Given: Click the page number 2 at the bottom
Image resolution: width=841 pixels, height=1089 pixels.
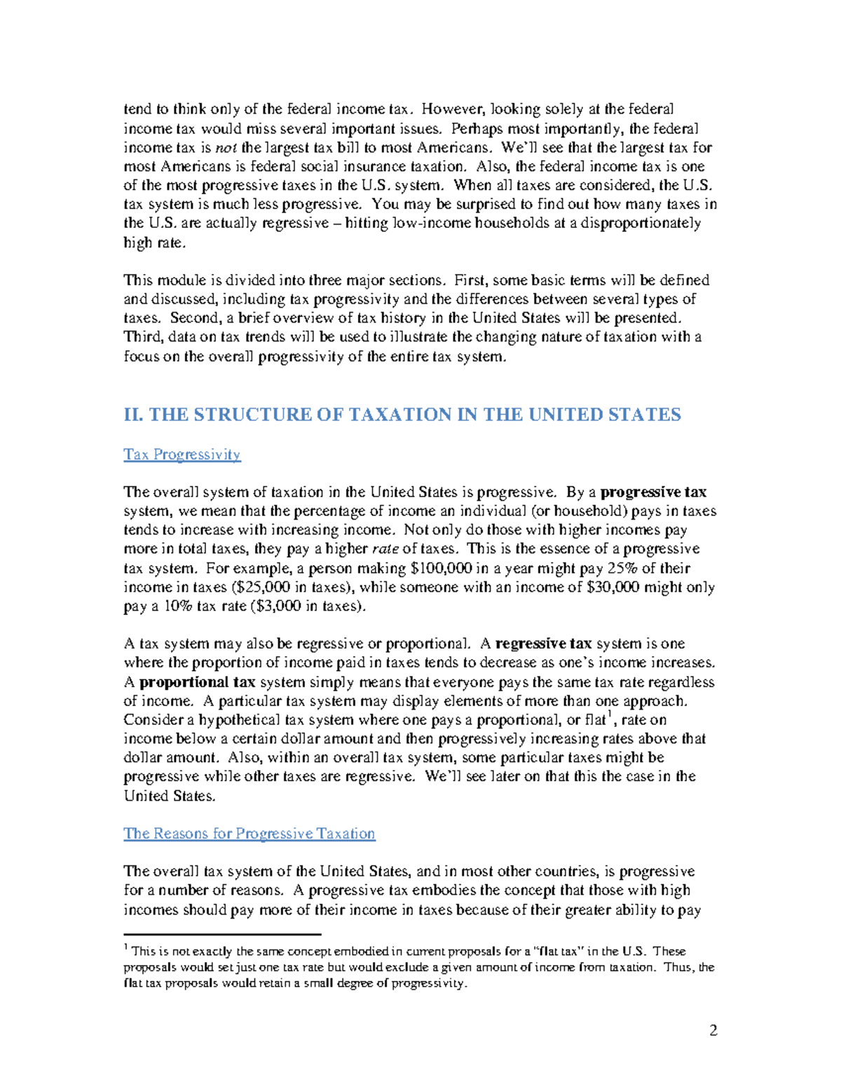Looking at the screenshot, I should click(x=713, y=1030).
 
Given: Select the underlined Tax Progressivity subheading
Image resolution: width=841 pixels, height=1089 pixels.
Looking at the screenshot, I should click(x=182, y=454).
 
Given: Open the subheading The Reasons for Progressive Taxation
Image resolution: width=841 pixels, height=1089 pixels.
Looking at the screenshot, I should click(x=249, y=833).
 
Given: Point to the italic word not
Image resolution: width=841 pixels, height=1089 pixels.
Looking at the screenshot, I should click(x=226, y=147).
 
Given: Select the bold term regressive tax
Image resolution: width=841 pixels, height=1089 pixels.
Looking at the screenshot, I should click(x=543, y=644).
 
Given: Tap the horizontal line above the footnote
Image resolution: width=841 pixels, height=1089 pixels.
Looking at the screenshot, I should click(x=221, y=934).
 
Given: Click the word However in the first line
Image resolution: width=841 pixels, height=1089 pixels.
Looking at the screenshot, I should click(x=451, y=109).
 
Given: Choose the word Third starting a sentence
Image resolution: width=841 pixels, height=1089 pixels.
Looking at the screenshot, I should click(x=143, y=337).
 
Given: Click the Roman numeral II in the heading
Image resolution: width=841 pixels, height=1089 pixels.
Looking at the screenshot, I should click(x=132, y=415).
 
